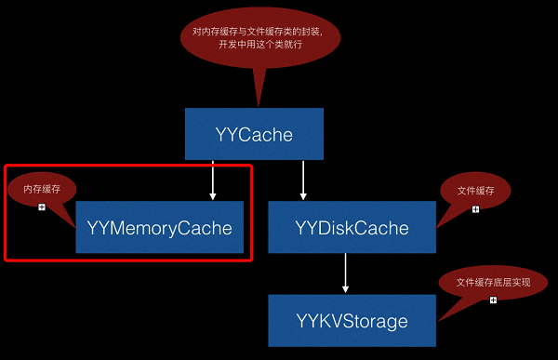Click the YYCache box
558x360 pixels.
(254, 135)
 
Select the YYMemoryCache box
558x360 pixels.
(159, 227)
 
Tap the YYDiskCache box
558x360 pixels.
(352, 227)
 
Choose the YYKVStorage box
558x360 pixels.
(352, 321)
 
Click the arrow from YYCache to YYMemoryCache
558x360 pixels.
(213, 180)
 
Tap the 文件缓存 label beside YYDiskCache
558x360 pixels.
(475, 191)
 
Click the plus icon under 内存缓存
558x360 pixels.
(42, 207)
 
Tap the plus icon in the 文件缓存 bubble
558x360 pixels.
(475, 208)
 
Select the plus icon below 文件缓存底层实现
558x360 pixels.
(493, 300)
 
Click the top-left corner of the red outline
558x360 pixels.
(7, 167)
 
